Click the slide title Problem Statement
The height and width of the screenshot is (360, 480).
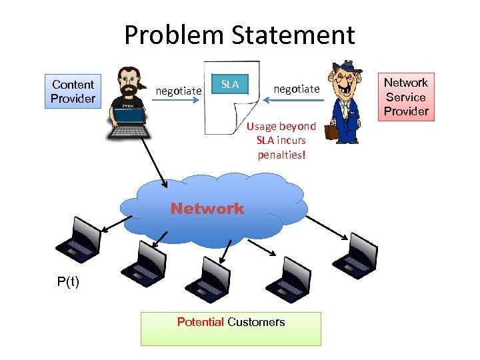[x=239, y=35]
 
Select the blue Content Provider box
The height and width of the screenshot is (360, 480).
[x=73, y=91]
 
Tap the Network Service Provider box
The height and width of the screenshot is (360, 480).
[x=405, y=97]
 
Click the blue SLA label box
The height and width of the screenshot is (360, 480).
[x=230, y=85]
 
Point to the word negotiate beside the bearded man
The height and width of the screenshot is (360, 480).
[x=178, y=90]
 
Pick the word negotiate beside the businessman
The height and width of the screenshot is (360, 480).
[x=297, y=89]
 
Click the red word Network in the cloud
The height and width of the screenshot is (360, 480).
[x=207, y=209]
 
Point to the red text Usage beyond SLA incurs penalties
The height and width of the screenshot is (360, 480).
[x=281, y=141]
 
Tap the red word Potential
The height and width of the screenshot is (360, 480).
[x=200, y=322]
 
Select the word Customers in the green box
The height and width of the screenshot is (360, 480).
[x=257, y=322]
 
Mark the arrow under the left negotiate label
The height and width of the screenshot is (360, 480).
[x=178, y=101]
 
